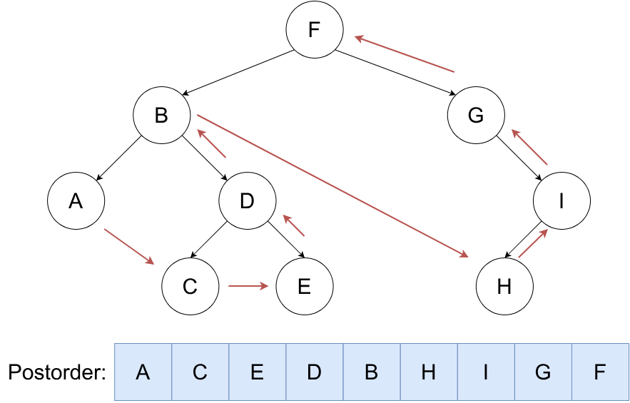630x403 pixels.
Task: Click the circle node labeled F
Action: pyautogui.click(x=315, y=30)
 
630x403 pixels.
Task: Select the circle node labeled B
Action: pyautogui.click(x=161, y=116)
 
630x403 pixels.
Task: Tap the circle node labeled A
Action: pyautogui.click(x=76, y=201)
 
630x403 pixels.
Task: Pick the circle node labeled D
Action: pyautogui.click(x=247, y=201)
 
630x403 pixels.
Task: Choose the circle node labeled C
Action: pyautogui.click(x=190, y=287)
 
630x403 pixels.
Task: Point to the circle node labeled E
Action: pyautogui.click(x=304, y=287)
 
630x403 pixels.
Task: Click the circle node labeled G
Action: pyautogui.click(x=476, y=116)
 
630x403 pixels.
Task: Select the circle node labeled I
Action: pyautogui.click(x=562, y=201)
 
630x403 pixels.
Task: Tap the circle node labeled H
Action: pyautogui.click(x=504, y=287)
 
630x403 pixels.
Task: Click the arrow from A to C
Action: pyautogui.click(x=129, y=247)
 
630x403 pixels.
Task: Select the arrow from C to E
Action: pyautogui.click(x=248, y=287)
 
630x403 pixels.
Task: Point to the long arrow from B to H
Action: pyautogui.click(x=332, y=185)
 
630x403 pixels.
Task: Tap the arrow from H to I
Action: pyautogui.click(x=532, y=243)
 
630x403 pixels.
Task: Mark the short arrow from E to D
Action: pyautogui.click(x=294, y=225)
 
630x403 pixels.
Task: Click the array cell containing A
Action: pyautogui.click(x=143, y=372)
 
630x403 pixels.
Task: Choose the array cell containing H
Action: pyautogui.click(x=429, y=372)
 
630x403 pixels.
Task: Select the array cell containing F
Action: pyautogui.click(x=600, y=372)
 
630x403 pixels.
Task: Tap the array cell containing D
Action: pyautogui.click(x=315, y=372)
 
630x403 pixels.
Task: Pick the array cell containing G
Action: pyautogui.click(x=543, y=372)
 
